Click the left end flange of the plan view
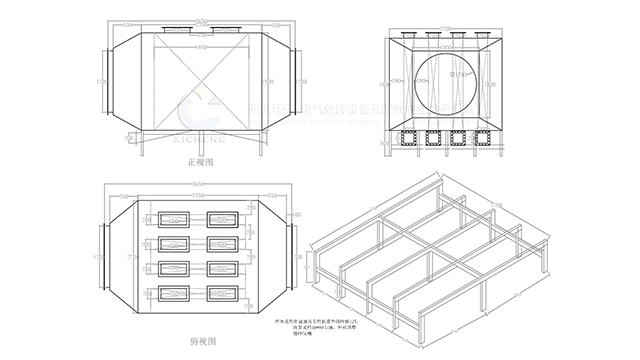coord(101,257)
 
